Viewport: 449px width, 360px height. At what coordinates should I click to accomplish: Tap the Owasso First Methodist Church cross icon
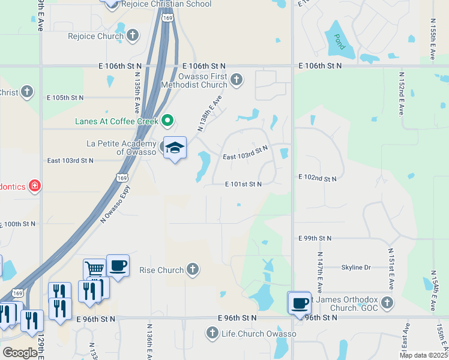pos(237,79)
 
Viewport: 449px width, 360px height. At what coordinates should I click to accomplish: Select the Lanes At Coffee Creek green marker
pos(168,121)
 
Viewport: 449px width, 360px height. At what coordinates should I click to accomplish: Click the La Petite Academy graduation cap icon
pos(174,148)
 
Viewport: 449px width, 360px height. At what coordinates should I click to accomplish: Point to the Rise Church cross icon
pos(193,269)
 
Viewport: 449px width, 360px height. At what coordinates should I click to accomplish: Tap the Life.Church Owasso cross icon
pos(211,332)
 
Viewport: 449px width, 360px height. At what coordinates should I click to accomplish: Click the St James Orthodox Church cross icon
pos(387,303)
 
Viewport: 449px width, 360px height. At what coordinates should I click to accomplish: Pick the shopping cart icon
pos(94,269)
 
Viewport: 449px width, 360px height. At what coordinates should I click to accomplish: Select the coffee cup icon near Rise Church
pos(118,265)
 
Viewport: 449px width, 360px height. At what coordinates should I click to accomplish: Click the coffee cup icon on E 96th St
pos(300,303)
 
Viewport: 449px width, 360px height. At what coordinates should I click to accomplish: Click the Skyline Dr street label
pos(356,267)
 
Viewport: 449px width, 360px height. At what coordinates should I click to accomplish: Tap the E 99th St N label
pos(315,238)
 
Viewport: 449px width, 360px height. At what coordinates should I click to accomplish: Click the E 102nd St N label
pos(318,178)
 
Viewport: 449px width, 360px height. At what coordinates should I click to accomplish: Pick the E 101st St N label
pos(243,184)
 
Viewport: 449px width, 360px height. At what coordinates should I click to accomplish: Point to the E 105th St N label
pos(65,97)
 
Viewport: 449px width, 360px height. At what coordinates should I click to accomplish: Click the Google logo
pos(20,352)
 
